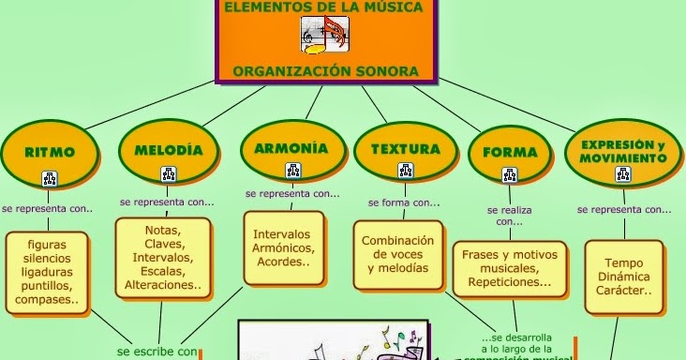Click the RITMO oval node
pyautogui.click(x=50, y=151)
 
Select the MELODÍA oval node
pyautogui.click(x=169, y=149)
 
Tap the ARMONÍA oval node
pyautogui.click(x=291, y=148)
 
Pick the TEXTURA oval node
pyautogui.click(x=405, y=149)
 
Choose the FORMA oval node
pyautogui.click(x=510, y=152)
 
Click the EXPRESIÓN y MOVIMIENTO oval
pyautogui.click(x=622, y=151)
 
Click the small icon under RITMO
pyautogui.click(x=50, y=178)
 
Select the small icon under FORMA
pyautogui.click(x=510, y=175)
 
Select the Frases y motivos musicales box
pyautogui.click(x=510, y=267)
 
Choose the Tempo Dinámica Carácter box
pyautogui.click(x=622, y=276)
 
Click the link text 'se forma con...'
pyautogui.click(x=404, y=202)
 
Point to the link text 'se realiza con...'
pyautogui.click(x=510, y=217)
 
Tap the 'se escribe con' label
pyautogui.click(x=158, y=352)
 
